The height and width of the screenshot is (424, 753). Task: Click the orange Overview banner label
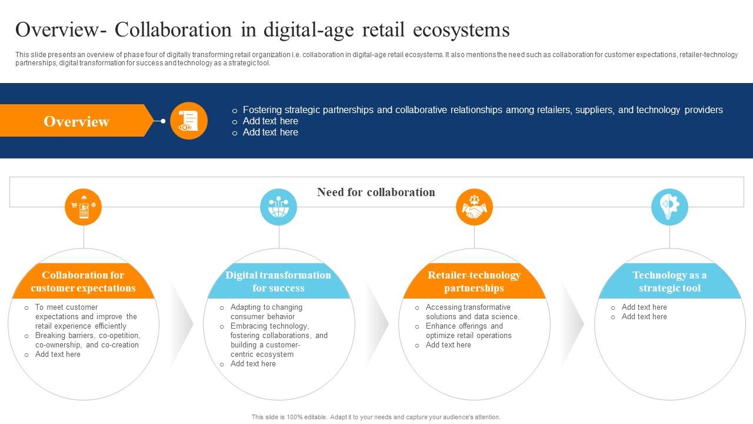coord(76,121)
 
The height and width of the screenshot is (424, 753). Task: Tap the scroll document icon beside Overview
coord(189,121)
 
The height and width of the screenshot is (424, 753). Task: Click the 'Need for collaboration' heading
coord(376,192)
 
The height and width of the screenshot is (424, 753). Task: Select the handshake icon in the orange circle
coord(474,207)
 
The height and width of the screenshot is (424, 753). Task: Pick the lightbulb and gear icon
coord(669,207)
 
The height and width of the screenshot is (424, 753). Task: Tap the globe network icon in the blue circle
coord(279,207)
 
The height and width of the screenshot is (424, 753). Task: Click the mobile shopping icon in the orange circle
coord(84,207)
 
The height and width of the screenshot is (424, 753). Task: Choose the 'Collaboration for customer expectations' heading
coord(83,281)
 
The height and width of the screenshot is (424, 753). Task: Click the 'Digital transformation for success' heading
coord(278,281)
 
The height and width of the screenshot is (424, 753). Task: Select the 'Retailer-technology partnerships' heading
coord(474,281)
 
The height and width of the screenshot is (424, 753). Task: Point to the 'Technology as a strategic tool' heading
coord(669,281)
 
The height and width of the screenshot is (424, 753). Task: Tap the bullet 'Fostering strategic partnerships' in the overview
coord(482,110)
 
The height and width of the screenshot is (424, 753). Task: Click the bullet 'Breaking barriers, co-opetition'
coord(87,340)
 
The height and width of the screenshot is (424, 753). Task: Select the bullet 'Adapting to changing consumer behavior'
coord(266,312)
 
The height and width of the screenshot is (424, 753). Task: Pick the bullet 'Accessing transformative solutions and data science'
coord(472,312)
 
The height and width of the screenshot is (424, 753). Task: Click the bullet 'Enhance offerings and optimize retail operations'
coord(468,330)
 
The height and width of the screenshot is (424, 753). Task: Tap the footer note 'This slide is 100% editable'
coord(376,417)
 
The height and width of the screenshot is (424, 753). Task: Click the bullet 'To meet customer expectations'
coord(86,316)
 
